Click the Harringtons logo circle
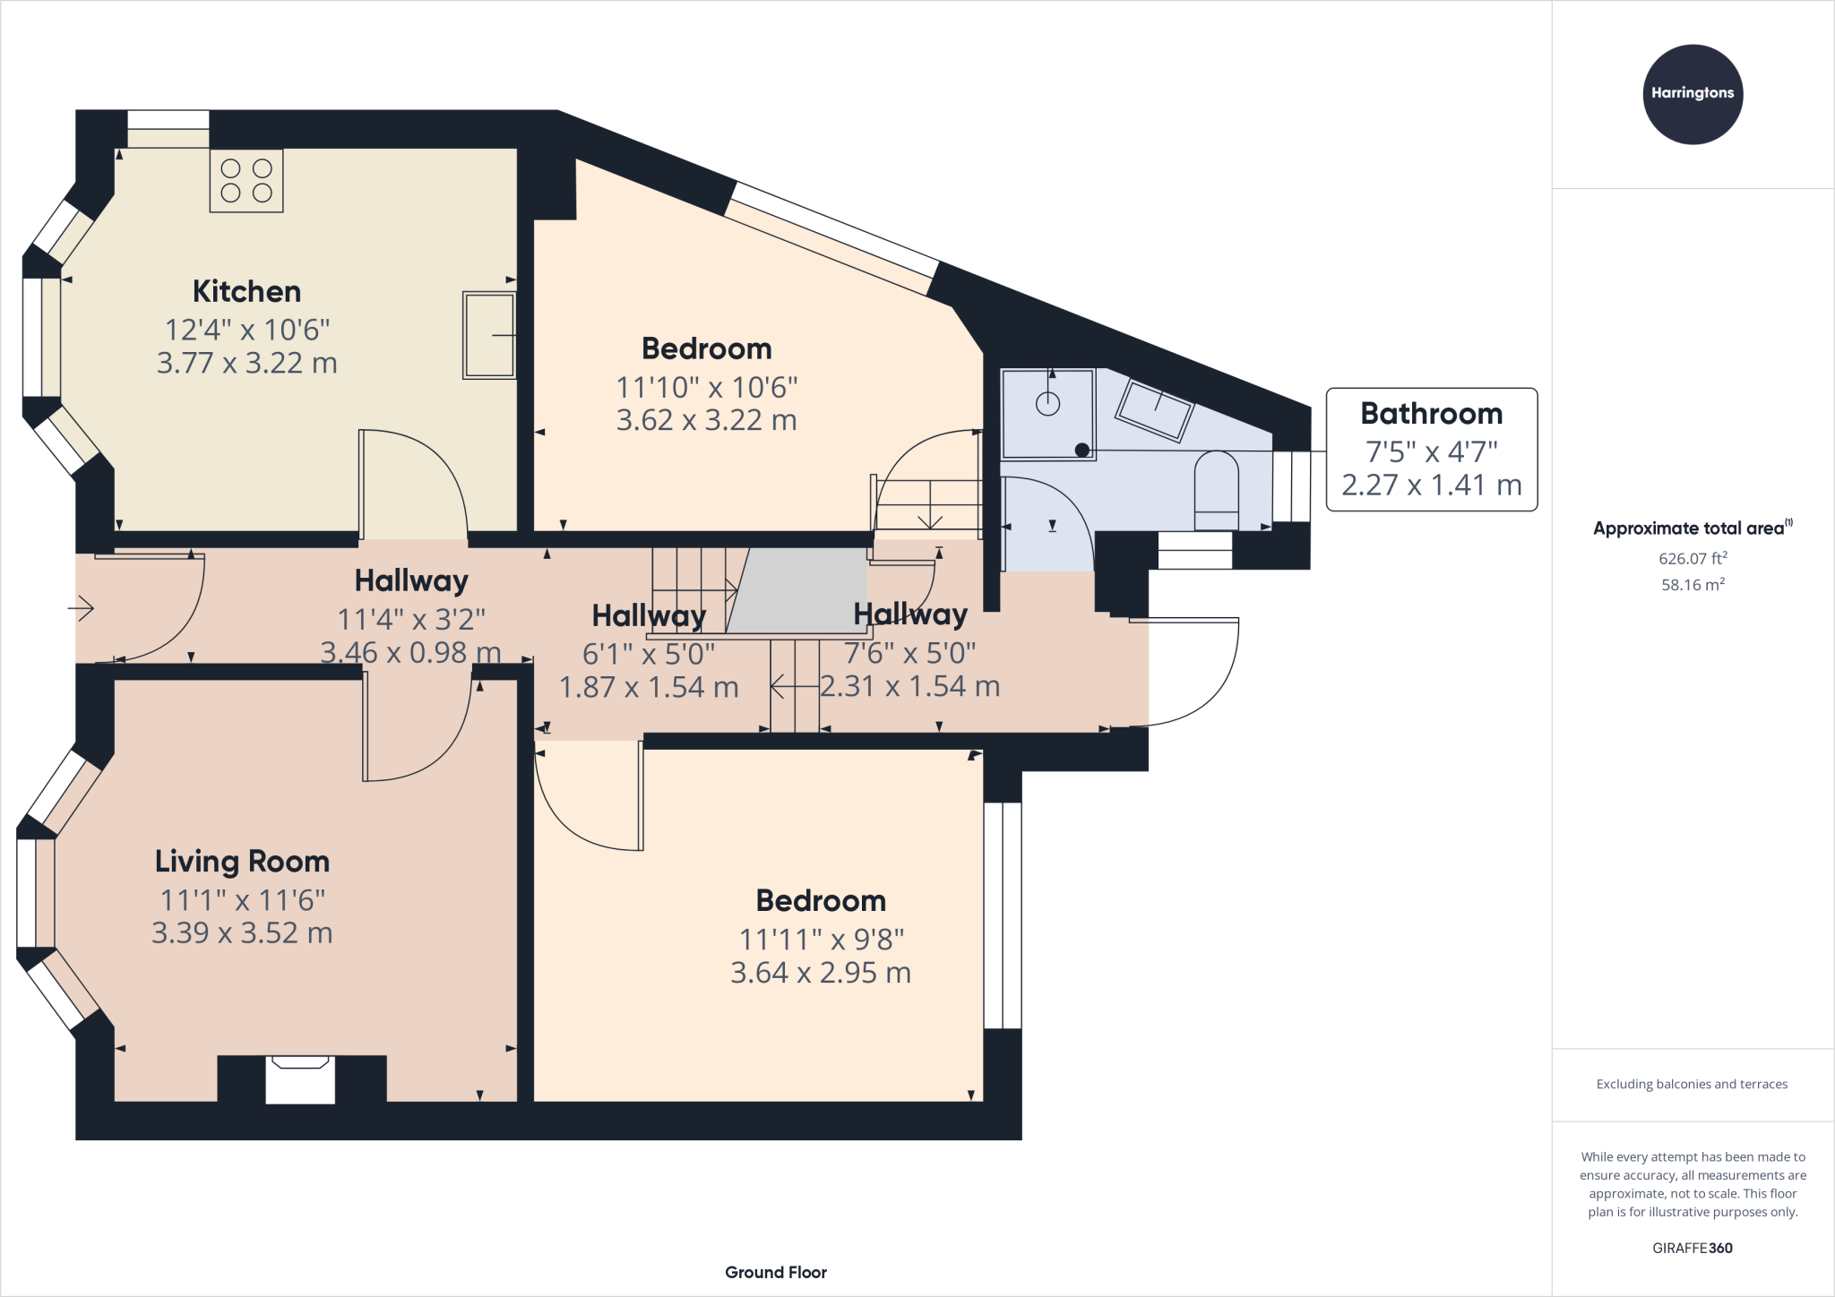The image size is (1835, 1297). tap(1693, 94)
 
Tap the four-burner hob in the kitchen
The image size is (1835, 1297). tap(246, 181)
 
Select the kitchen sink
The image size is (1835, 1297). tap(489, 335)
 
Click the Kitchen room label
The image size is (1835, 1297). tap(246, 291)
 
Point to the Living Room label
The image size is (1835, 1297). tap(242, 862)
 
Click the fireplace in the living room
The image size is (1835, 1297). tap(300, 1079)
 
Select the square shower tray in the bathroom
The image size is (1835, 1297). tap(1048, 415)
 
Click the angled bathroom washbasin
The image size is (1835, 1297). tap(1154, 411)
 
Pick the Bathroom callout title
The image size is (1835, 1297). tap(1431, 413)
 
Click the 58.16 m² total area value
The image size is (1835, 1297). tap(1693, 585)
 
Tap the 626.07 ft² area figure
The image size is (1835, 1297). tap(1693, 558)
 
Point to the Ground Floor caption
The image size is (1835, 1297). tap(776, 1272)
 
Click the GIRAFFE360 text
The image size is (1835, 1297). tap(1693, 1248)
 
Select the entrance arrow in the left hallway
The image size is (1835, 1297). tap(81, 609)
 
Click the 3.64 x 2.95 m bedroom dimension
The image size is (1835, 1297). tap(821, 973)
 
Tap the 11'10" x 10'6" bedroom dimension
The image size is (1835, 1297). tap(707, 388)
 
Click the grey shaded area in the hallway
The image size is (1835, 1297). tap(796, 590)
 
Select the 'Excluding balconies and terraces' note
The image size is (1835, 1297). tap(1692, 1084)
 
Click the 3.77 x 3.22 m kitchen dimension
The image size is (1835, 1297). tap(246, 363)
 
